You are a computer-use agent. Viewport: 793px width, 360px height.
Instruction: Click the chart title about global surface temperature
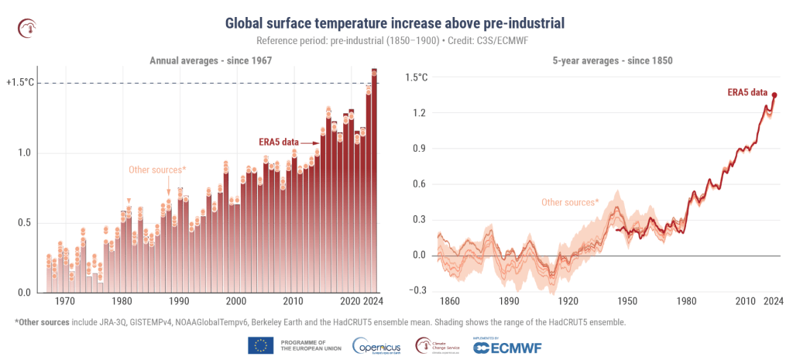(395, 23)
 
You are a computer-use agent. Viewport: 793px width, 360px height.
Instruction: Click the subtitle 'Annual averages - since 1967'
(209, 60)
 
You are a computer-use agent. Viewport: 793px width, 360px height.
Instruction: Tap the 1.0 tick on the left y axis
(25, 153)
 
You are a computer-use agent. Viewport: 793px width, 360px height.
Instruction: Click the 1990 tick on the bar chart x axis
(179, 301)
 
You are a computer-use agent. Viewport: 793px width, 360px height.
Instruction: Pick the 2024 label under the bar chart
(373, 301)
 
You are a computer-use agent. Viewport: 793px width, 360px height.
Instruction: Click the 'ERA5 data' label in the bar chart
(277, 142)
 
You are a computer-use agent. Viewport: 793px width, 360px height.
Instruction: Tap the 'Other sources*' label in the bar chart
(157, 169)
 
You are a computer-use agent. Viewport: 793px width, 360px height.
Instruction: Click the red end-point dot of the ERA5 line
(774, 95)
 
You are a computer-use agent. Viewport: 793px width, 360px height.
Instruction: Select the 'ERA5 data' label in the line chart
(747, 93)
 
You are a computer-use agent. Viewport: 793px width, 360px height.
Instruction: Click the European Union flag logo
(260, 345)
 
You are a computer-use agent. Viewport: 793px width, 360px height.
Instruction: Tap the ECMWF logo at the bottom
(511, 346)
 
